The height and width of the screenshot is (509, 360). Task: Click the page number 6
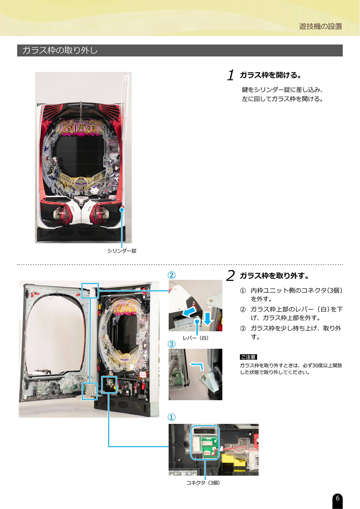[x=337, y=498]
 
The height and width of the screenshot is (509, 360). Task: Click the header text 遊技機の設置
[x=321, y=26]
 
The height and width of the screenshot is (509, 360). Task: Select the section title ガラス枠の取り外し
[x=60, y=51]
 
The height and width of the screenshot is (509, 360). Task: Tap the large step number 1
[x=231, y=75]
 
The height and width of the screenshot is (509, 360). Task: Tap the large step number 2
[x=230, y=276]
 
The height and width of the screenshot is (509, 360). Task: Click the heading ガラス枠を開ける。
[x=271, y=75]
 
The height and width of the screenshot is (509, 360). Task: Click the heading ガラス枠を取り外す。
[x=274, y=276]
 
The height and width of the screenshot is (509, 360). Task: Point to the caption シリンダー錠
[x=122, y=251]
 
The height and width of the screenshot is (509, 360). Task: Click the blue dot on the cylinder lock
[x=122, y=209]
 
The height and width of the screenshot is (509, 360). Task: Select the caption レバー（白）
[x=196, y=338]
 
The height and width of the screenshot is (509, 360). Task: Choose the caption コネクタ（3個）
[x=203, y=483]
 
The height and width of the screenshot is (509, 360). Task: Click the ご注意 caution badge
[x=248, y=357]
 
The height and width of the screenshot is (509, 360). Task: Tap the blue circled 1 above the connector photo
[x=172, y=417]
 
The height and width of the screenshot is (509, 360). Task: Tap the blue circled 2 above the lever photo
[x=172, y=275]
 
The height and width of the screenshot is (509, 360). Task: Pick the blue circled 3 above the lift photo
[x=172, y=344]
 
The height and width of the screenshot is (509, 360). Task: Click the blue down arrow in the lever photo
[x=208, y=318]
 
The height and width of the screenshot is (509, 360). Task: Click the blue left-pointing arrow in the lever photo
[x=188, y=312]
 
